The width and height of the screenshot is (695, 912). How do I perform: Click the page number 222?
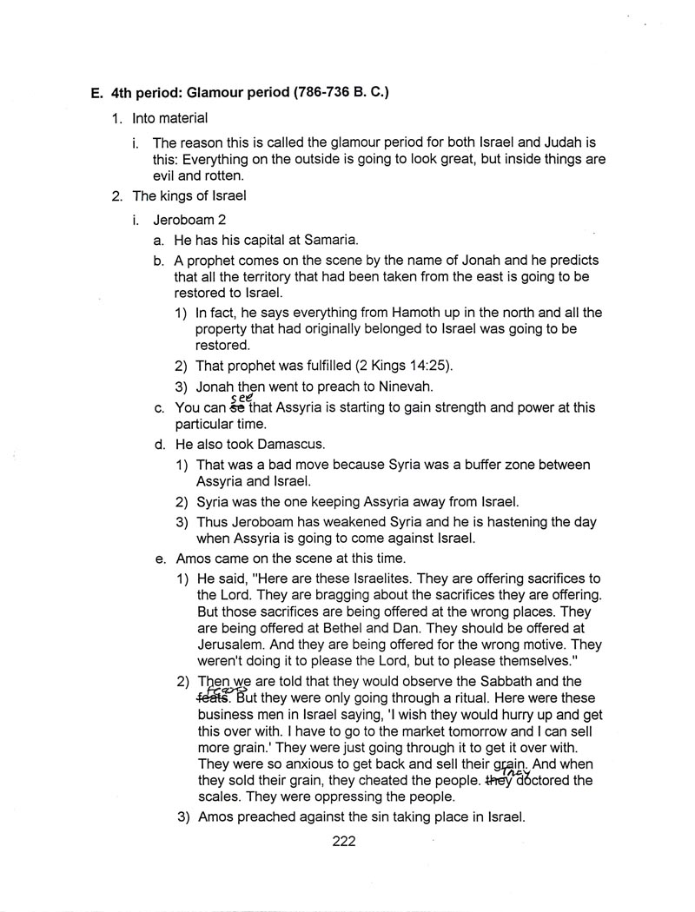344,840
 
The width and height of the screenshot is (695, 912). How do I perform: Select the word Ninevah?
394,386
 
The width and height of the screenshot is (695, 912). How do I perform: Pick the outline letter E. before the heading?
96,93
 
